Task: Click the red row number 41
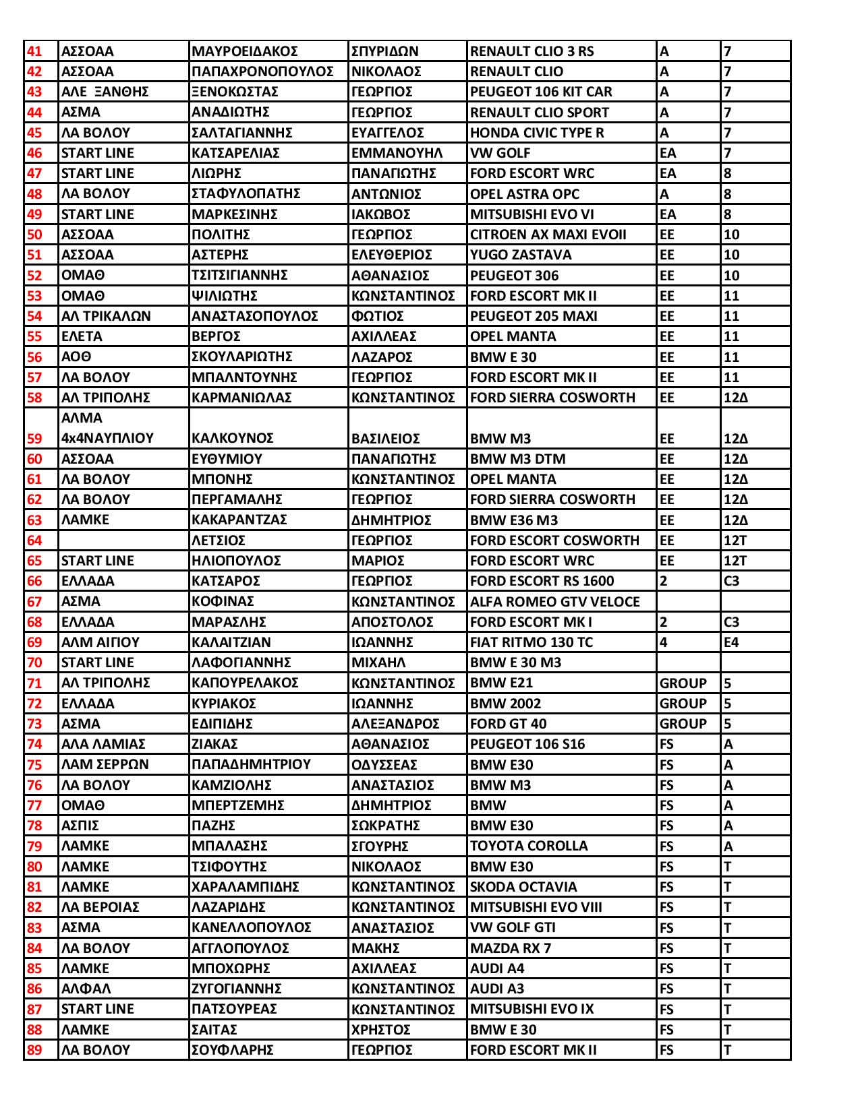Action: [x=34, y=51]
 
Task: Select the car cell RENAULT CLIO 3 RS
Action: [x=532, y=51]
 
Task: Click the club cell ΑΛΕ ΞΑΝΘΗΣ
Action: [x=105, y=92]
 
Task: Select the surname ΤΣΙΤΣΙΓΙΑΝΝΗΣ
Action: [x=239, y=275]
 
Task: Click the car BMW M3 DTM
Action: [x=517, y=459]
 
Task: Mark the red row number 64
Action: [x=34, y=540]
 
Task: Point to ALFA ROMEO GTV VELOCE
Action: [x=554, y=602]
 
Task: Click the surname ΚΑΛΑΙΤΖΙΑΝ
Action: [x=231, y=642]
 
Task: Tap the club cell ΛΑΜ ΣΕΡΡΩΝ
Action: [x=105, y=764]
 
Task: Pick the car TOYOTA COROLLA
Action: [x=529, y=846]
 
